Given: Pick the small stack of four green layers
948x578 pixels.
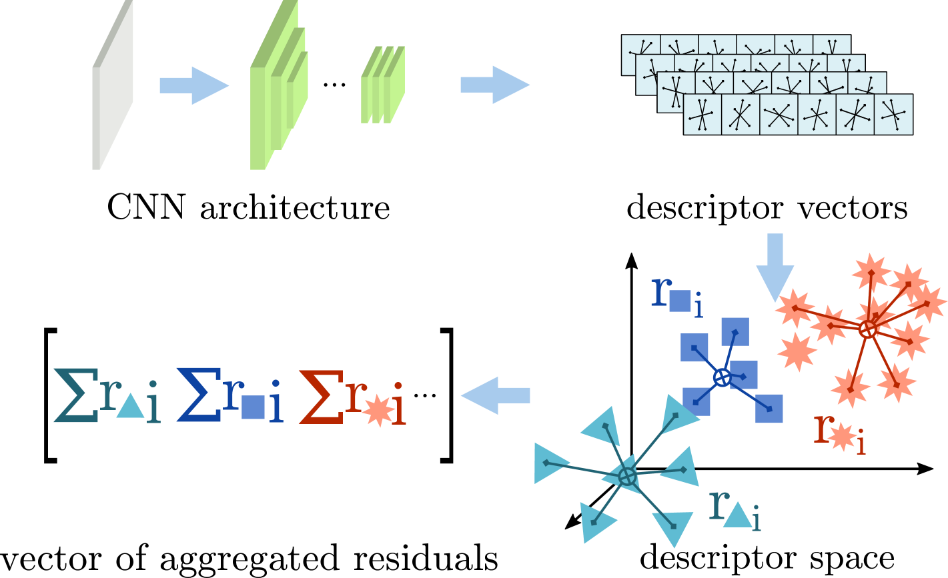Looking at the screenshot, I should (383, 85).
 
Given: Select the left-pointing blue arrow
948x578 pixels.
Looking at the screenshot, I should (495, 395).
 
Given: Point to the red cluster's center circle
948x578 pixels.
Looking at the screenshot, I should (868, 329).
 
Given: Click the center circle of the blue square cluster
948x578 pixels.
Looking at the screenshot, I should (722, 378).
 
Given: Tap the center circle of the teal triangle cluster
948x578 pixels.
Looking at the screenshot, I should (627, 476).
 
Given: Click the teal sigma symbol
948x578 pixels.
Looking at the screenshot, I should (76, 395).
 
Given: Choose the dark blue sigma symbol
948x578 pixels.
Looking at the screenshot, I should (199, 395).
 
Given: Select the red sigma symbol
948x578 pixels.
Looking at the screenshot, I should (321, 396).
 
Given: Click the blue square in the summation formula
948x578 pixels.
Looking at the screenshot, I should (254, 407).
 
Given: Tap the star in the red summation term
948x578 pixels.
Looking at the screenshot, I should (378, 410).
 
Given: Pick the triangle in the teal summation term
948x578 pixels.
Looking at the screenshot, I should (130, 407).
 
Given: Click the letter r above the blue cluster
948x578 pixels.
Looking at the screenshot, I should (660, 291).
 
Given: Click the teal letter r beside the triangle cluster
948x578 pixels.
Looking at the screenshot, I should (717, 505).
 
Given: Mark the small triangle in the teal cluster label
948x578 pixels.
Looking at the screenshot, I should (737, 515).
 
